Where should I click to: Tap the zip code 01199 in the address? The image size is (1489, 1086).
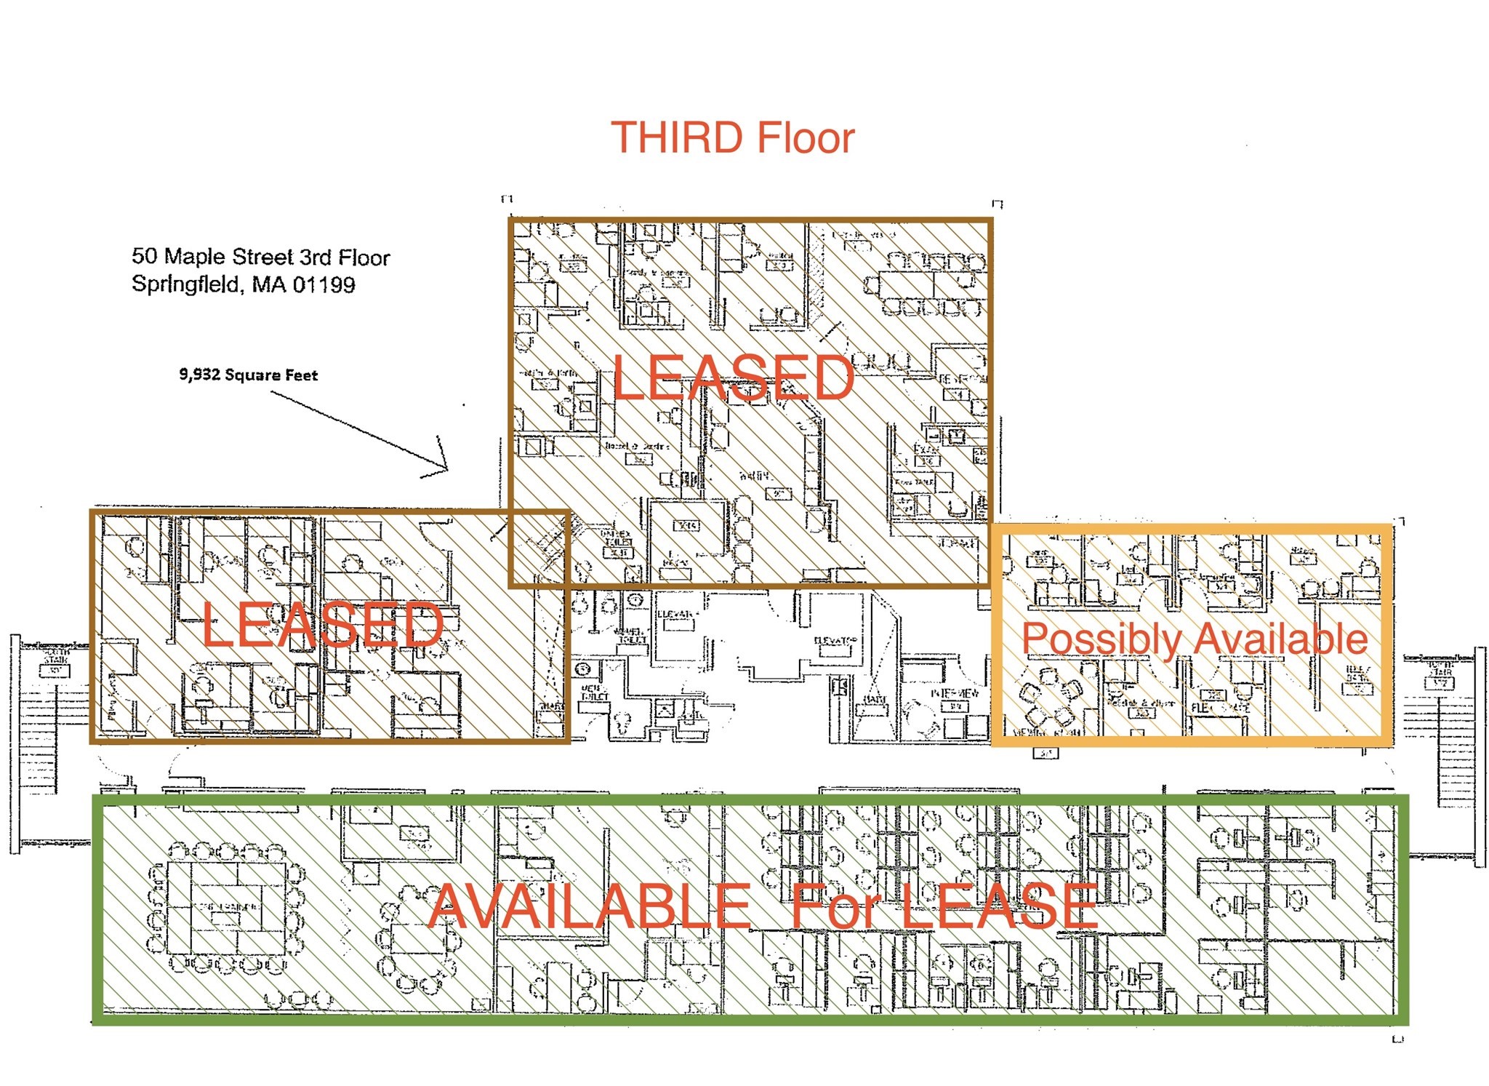324,284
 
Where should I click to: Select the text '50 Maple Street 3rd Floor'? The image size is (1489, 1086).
260,257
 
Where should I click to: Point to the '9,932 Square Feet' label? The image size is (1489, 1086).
249,375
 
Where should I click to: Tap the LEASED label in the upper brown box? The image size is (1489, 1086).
733,377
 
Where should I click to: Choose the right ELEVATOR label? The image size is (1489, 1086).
836,641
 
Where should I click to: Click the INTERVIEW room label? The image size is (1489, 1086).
955,694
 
